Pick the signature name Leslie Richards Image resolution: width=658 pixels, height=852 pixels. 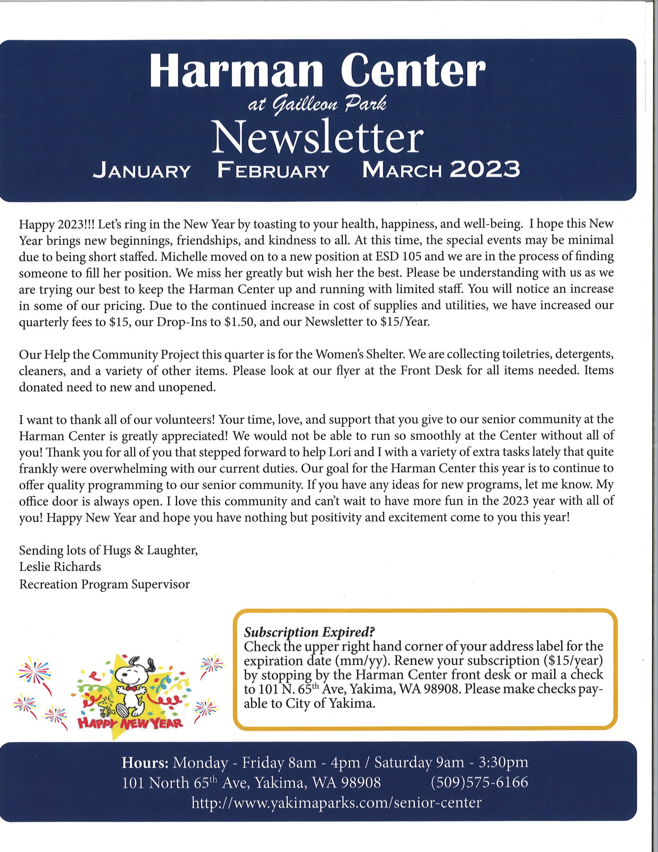tap(60, 567)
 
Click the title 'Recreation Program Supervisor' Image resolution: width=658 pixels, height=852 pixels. tap(104, 584)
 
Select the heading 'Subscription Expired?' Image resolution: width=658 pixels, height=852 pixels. tap(309, 632)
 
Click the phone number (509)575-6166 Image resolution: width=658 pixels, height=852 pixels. tap(479, 782)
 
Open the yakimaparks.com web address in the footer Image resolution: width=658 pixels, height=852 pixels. tap(336, 802)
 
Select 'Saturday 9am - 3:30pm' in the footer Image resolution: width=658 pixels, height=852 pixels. tap(451, 763)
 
